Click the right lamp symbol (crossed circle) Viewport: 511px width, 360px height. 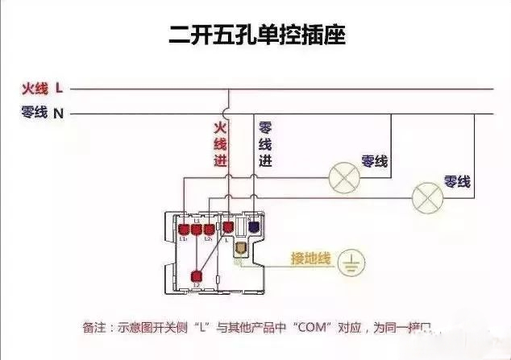(427, 197)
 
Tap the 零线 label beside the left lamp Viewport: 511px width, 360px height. (375, 162)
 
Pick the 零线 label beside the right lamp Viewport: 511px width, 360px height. (457, 182)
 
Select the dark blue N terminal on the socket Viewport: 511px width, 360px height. (254, 227)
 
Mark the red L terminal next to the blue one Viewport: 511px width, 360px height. (229, 227)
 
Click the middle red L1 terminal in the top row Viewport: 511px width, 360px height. (196, 228)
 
